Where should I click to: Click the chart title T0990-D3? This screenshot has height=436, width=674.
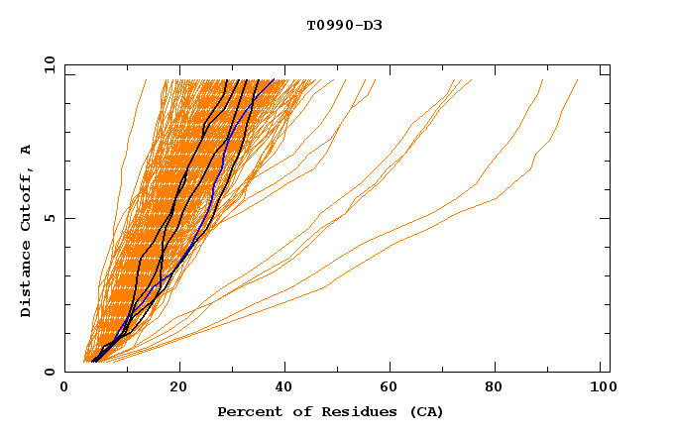(x=344, y=25)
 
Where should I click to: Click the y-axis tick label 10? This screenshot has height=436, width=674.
(x=48, y=64)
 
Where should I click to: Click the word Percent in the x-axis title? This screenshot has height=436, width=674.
(x=247, y=412)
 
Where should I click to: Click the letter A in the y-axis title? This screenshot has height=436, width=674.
(x=26, y=149)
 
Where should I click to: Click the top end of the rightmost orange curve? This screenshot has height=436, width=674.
(x=578, y=80)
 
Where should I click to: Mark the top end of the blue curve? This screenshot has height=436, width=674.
(x=275, y=80)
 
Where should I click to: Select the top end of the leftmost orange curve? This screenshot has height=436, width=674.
(x=146, y=80)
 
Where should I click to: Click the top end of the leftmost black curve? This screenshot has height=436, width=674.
(x=228, y=80)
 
